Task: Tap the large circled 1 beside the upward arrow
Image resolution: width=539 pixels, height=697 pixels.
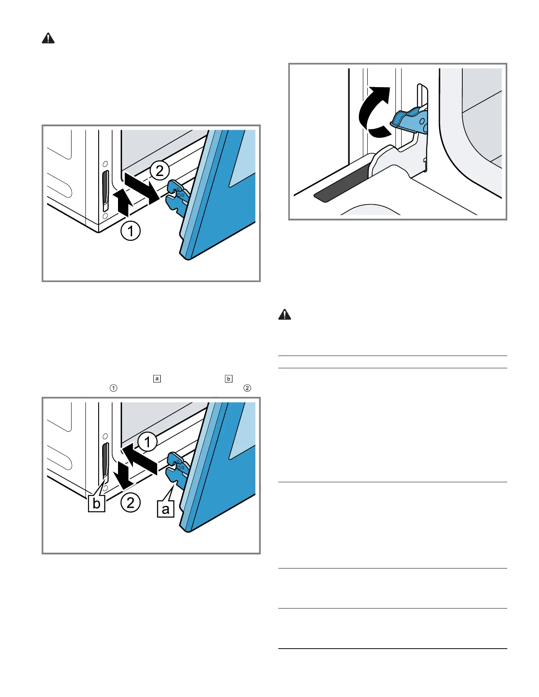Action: pos(131,231)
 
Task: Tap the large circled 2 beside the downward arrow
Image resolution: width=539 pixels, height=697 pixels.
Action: pos(131,503)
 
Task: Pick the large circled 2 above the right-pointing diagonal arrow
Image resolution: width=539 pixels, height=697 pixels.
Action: pos(159,170)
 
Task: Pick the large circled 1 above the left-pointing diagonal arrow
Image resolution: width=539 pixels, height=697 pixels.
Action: pos(148,442)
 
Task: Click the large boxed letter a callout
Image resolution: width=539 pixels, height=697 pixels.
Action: pos(166,509)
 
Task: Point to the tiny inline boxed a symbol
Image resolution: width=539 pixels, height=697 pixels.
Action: pos(157,378)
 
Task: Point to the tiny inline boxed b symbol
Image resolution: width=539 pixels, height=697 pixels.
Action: pos(229,378)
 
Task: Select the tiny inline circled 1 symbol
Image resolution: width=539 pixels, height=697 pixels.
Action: pos(114,388)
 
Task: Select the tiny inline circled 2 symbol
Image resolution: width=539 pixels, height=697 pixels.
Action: pos(247,388)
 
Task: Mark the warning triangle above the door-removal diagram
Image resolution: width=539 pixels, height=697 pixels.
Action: pos(48,39)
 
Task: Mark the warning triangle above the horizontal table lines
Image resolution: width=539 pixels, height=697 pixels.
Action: pos(285,315)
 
